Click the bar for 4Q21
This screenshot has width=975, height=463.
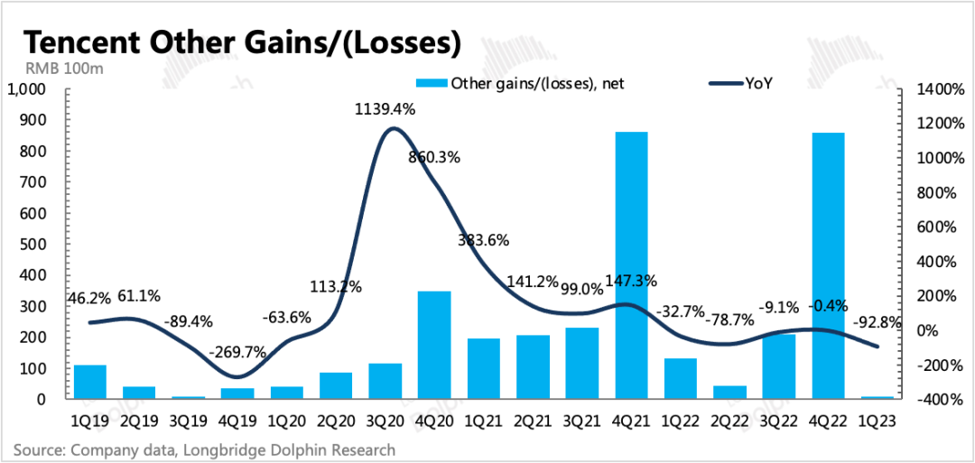(631, 265)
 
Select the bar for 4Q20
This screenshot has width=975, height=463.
(434, 345)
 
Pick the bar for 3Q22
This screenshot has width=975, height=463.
(779, 366)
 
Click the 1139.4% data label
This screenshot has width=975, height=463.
(383, 110)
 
